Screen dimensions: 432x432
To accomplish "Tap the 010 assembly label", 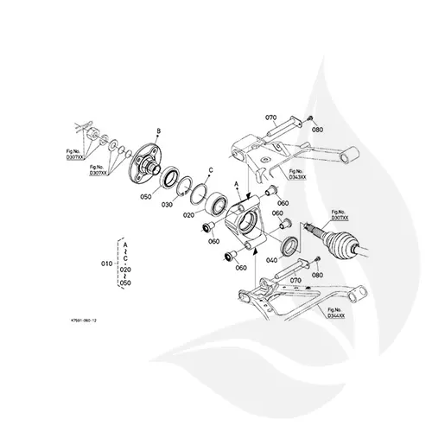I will tap(108, 261).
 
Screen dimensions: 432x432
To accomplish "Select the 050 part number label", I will tap(145, 197).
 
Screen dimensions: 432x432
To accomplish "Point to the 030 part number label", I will tap(168, 205).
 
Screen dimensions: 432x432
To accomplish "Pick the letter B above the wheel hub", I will tap(158, 130).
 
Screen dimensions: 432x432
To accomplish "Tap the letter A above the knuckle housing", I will tap(237, 184).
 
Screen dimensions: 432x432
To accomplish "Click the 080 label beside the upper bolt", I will tap(317, 130).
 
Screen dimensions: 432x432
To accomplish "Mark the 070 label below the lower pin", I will tap(295, 280).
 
